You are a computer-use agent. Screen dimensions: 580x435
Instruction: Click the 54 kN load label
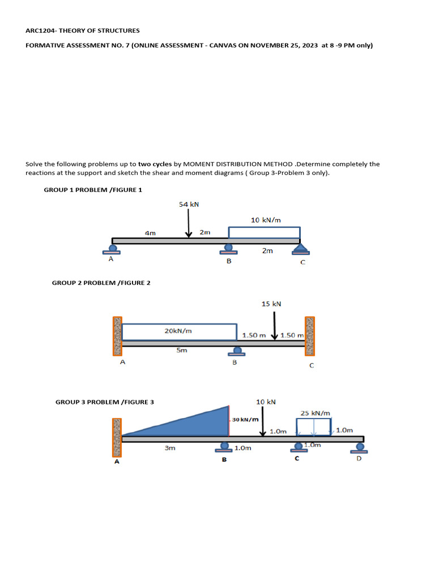(x=189, y=204)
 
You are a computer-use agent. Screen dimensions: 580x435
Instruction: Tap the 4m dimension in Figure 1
(x=150, y=232)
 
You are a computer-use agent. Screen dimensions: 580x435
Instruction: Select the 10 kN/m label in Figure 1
(x=266, y=219)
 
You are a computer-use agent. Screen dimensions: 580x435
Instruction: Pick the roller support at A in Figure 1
(x=113, y=249)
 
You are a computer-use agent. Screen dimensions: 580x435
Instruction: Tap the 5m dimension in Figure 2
(x=181, y=351)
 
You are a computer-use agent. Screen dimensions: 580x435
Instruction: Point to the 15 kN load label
(x=271, y=304)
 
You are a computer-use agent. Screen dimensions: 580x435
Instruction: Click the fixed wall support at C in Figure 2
(x=310, y=335)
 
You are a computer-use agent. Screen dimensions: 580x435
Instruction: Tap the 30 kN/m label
(x=245, y=420)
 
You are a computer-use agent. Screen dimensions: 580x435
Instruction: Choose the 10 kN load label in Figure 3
(x=266, y=402)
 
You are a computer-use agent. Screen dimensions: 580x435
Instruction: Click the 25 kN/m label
(x=315, y=413)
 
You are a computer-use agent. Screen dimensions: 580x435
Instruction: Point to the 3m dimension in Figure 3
(x=169, y=448)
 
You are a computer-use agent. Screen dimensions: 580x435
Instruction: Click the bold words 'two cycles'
(x=155, y=164)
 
